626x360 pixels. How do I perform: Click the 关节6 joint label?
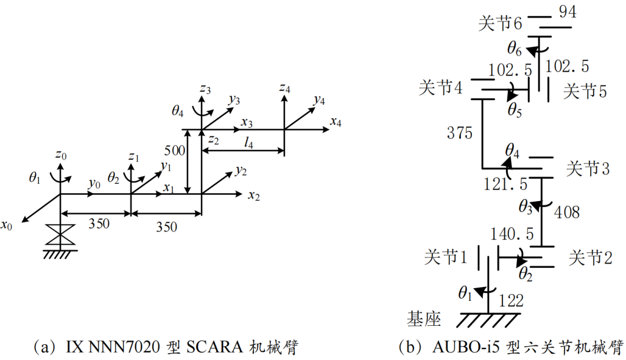click(x=500, y=24)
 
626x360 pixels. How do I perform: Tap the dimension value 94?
click(x=568, y=12)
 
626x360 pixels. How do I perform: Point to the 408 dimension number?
click(x=566, y=212)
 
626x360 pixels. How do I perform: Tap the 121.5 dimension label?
click(x=506, y=184)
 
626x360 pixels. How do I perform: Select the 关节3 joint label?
click(x=588, y=169)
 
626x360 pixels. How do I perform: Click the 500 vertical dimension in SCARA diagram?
click(x=174, y=151)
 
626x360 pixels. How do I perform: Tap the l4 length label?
click(x=248, y=143)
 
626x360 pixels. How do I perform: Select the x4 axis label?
click(x=336, y=122)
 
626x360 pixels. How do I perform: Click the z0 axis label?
click(x=61, y=155)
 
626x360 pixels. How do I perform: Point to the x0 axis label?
click(x=7, y=224)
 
